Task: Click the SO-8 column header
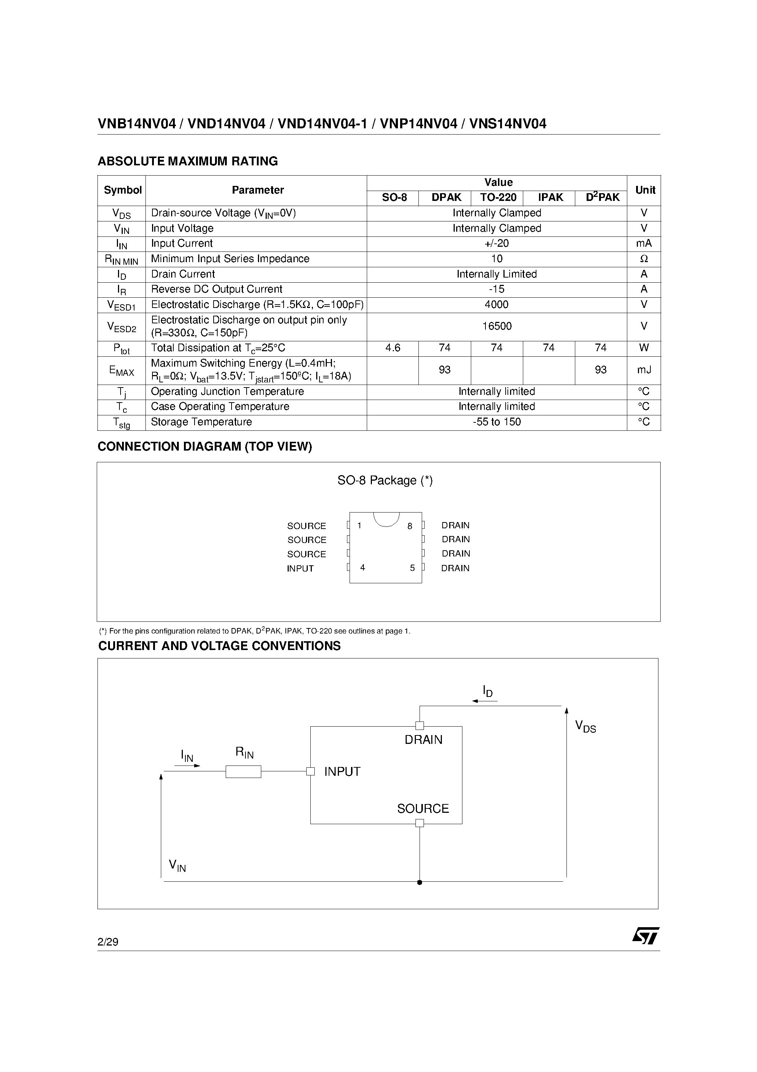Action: pyautogui.click(x=394, y=198)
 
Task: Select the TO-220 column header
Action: pyautogui.click(x=498, y=198)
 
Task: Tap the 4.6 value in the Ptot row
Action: pyautogui.click(x=392, y=348)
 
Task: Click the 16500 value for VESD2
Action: pyautogui.click(x=496, y=326)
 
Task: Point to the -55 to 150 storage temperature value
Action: pyautogui.click(x=496, y=422)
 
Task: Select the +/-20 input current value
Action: pyautogui.click(x=496, y=244)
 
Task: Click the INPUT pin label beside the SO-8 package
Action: pyautogui.click(x=300, y=569)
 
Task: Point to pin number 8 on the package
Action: pyautogui.click(x=410, y=526)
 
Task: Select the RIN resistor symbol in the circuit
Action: pyautogui.click(x=243, y=772)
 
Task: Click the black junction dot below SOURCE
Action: pyautogui.click(x=420, y=882)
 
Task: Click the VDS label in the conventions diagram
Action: pyautogui.click(x=585, y=727)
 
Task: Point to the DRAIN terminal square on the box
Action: pyautogui.click(x=420, y=726)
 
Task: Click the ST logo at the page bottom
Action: pyautogui.click(x=646, y=936)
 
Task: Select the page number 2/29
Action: pyautogui.click(x=108, y=942)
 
